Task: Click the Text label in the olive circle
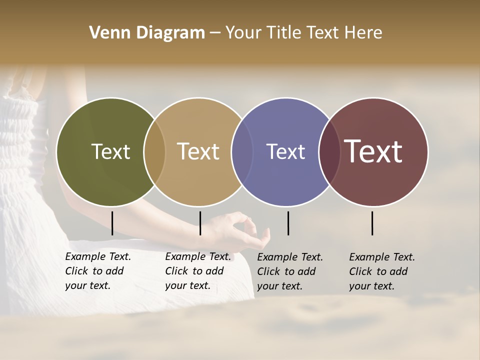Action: click(x=110, y=152)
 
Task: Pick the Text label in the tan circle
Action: click(x=198, y=151)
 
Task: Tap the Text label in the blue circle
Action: click(x=285, y=152)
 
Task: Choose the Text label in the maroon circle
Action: click(x=373, y=151)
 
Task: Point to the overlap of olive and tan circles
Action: click(x=154, y=152)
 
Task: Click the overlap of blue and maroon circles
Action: click(x=329, y=152)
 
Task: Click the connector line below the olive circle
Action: click(x=112, y=223)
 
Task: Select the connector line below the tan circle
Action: click(x=200, y=223)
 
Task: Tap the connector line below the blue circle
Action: click(x=288, y=223)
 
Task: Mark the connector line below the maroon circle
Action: click(x=372, y=223)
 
